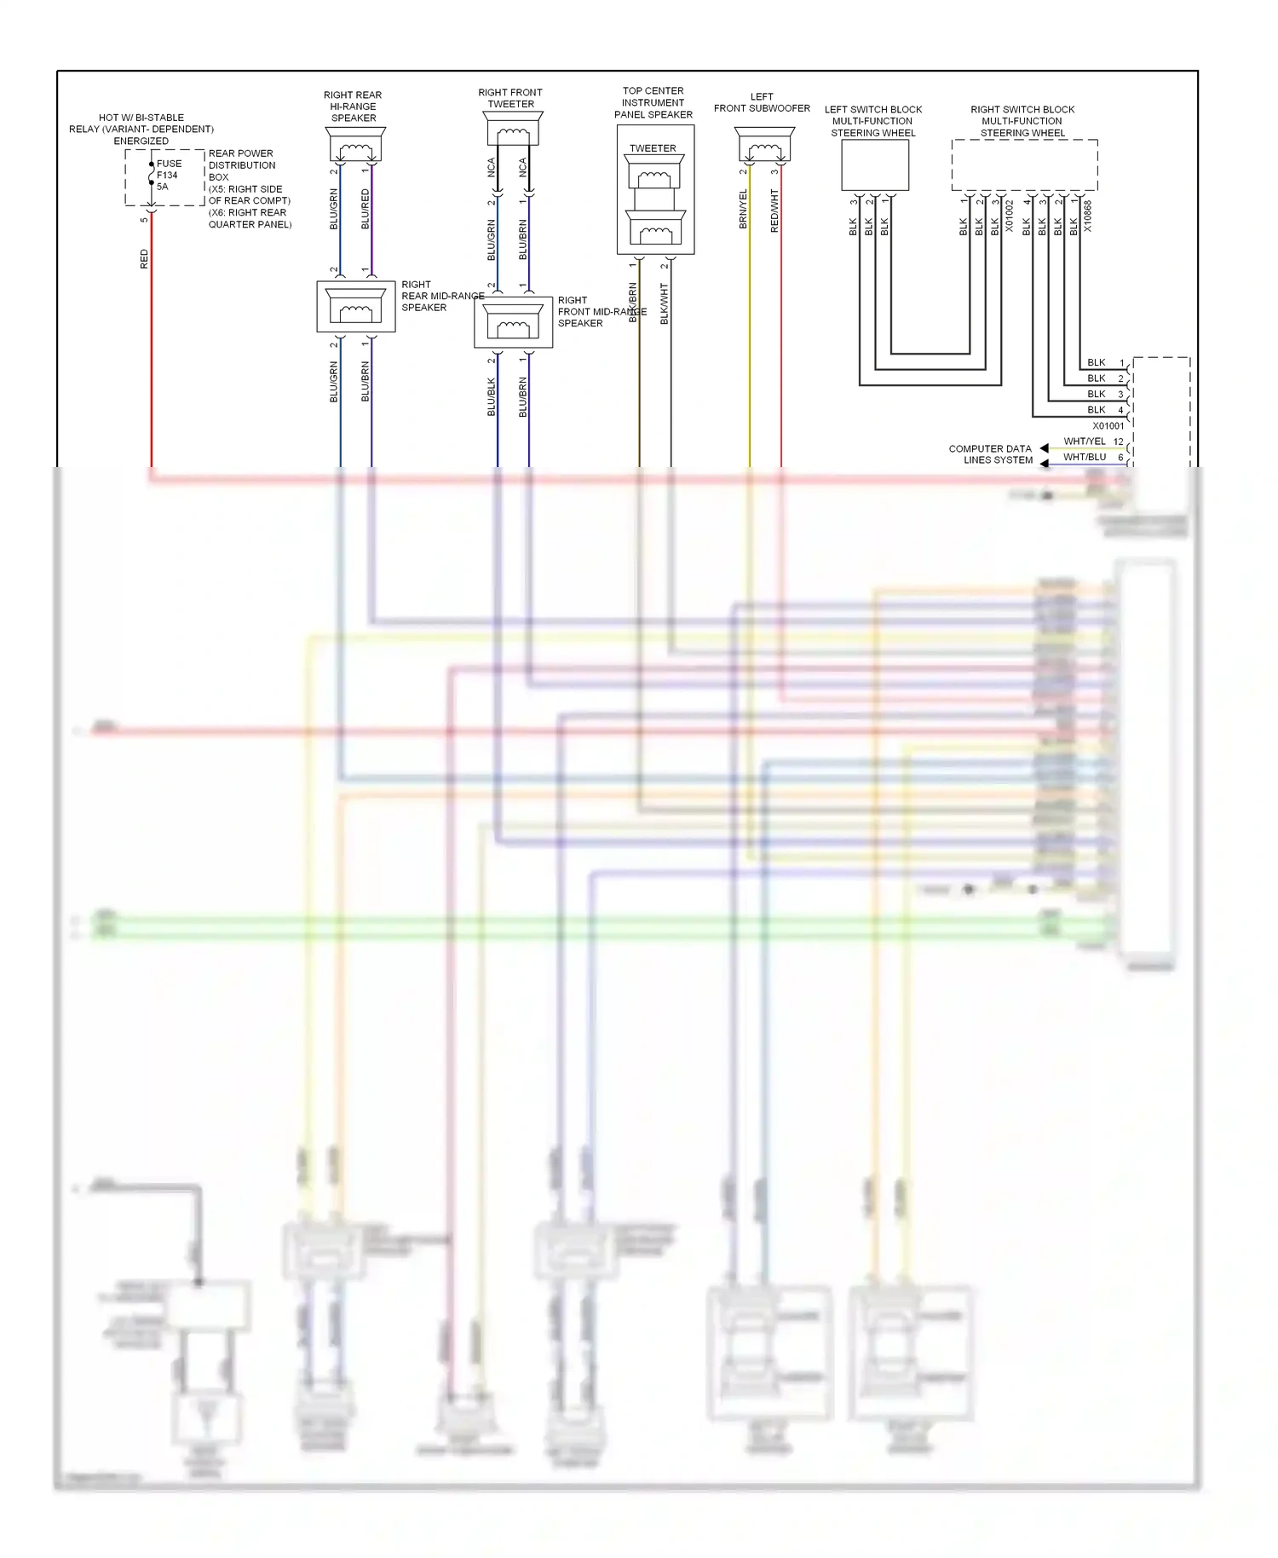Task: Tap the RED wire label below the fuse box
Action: click(144, 259)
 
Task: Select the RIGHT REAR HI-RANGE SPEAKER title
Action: click(353, 107)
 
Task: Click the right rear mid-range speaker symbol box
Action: click(356, 306)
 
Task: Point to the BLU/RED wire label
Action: click(366, 209)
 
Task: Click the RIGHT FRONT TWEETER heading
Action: click(510, 98)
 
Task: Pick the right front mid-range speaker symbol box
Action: click(513, 322)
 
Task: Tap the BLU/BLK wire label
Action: click(492, 397)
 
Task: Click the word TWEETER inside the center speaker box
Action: click(653, 148)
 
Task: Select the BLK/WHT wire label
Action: click(665, 303)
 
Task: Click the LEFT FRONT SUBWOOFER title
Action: click(762, 102)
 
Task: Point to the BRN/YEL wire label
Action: click(743, 209)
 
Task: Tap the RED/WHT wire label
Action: click(774, 211)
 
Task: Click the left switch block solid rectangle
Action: click(875, 164)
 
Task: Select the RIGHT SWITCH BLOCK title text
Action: click(1022, 121)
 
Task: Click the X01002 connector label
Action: click(1010, 216)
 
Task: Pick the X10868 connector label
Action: click(1088, 216)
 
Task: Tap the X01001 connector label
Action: click(1108, 425)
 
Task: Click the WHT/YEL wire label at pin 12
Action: click(1085, 441)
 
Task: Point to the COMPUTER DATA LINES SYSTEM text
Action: click(991, 454)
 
